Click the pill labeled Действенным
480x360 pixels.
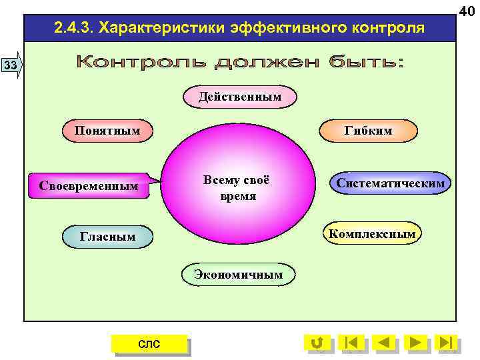click(240, 97)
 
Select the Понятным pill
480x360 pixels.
click(107, 130)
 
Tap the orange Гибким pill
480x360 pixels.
click(369, 131)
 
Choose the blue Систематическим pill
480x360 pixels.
click(391, 183)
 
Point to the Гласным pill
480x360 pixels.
click(107, 236)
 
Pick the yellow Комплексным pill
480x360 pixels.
click(372, 233)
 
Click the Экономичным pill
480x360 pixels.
click(238, 274)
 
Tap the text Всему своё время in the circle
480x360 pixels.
click(238, 189)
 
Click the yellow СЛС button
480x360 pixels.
click(149, 343)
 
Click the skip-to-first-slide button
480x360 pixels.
click(351, 343)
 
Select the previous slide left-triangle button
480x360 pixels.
click(384, 343)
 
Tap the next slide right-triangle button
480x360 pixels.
click(416, 343)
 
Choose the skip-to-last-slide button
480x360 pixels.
click(447, 343)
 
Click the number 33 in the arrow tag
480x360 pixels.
click(10, 65)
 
